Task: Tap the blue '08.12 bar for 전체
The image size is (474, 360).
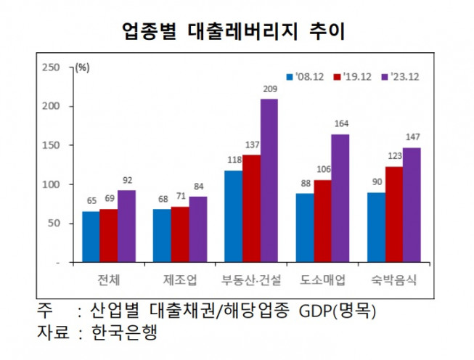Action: pyautogui.click(x=91, y=237)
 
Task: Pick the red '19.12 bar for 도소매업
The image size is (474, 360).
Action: pyautogui.click(x=322, y=221)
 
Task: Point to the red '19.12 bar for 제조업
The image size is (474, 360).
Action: pyautogui.click(x=180, y=234)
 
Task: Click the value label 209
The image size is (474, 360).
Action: pyautogui.click(x=269, y=89)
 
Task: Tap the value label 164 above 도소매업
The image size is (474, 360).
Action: pyautogui.click(x=340, y=124)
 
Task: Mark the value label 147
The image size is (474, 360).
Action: pyautogui.click(x=412, y=138)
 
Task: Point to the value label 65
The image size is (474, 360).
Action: pyautogui.click(x=91, y=201)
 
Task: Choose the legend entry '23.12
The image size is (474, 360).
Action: pyautogui.click(x=401, y=75)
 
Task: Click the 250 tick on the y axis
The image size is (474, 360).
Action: pyautogui.click(x=51, y=67)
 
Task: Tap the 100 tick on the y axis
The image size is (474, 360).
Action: pyautogui.click(x=51, y=184)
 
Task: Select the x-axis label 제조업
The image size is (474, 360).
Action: pyautogui.click(x=180, y=279)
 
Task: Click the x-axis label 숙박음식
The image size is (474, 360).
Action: pyautogui.click(x=393, y=279)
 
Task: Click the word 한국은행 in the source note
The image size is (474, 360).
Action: pyautogui.click(x=123, y=335)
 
